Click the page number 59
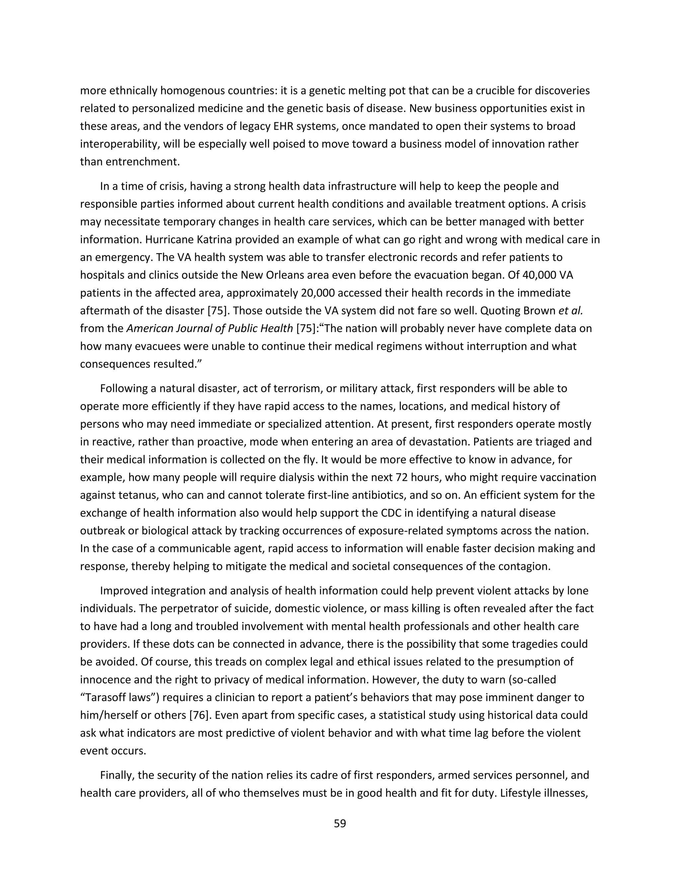pyautogui.click(x=340, y=823)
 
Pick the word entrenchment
pyautogui.click(x=142, y=162)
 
